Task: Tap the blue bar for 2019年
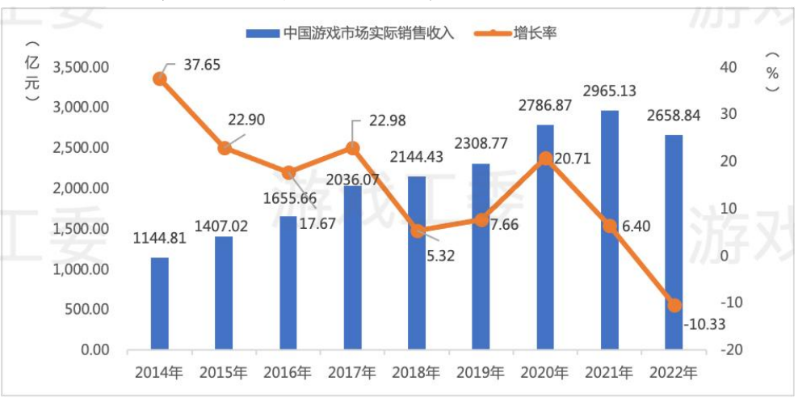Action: [481, 256]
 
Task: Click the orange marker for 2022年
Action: [674, 305]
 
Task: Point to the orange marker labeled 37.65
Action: [160, 78]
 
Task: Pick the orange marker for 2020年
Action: [546, 159]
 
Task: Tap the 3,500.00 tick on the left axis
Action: [81, 67]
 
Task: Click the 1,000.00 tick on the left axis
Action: [81, 269]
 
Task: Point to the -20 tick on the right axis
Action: [724, 350]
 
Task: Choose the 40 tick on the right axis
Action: [724, 67]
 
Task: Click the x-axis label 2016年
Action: [288, 373]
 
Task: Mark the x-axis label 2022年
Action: [674, 373]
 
